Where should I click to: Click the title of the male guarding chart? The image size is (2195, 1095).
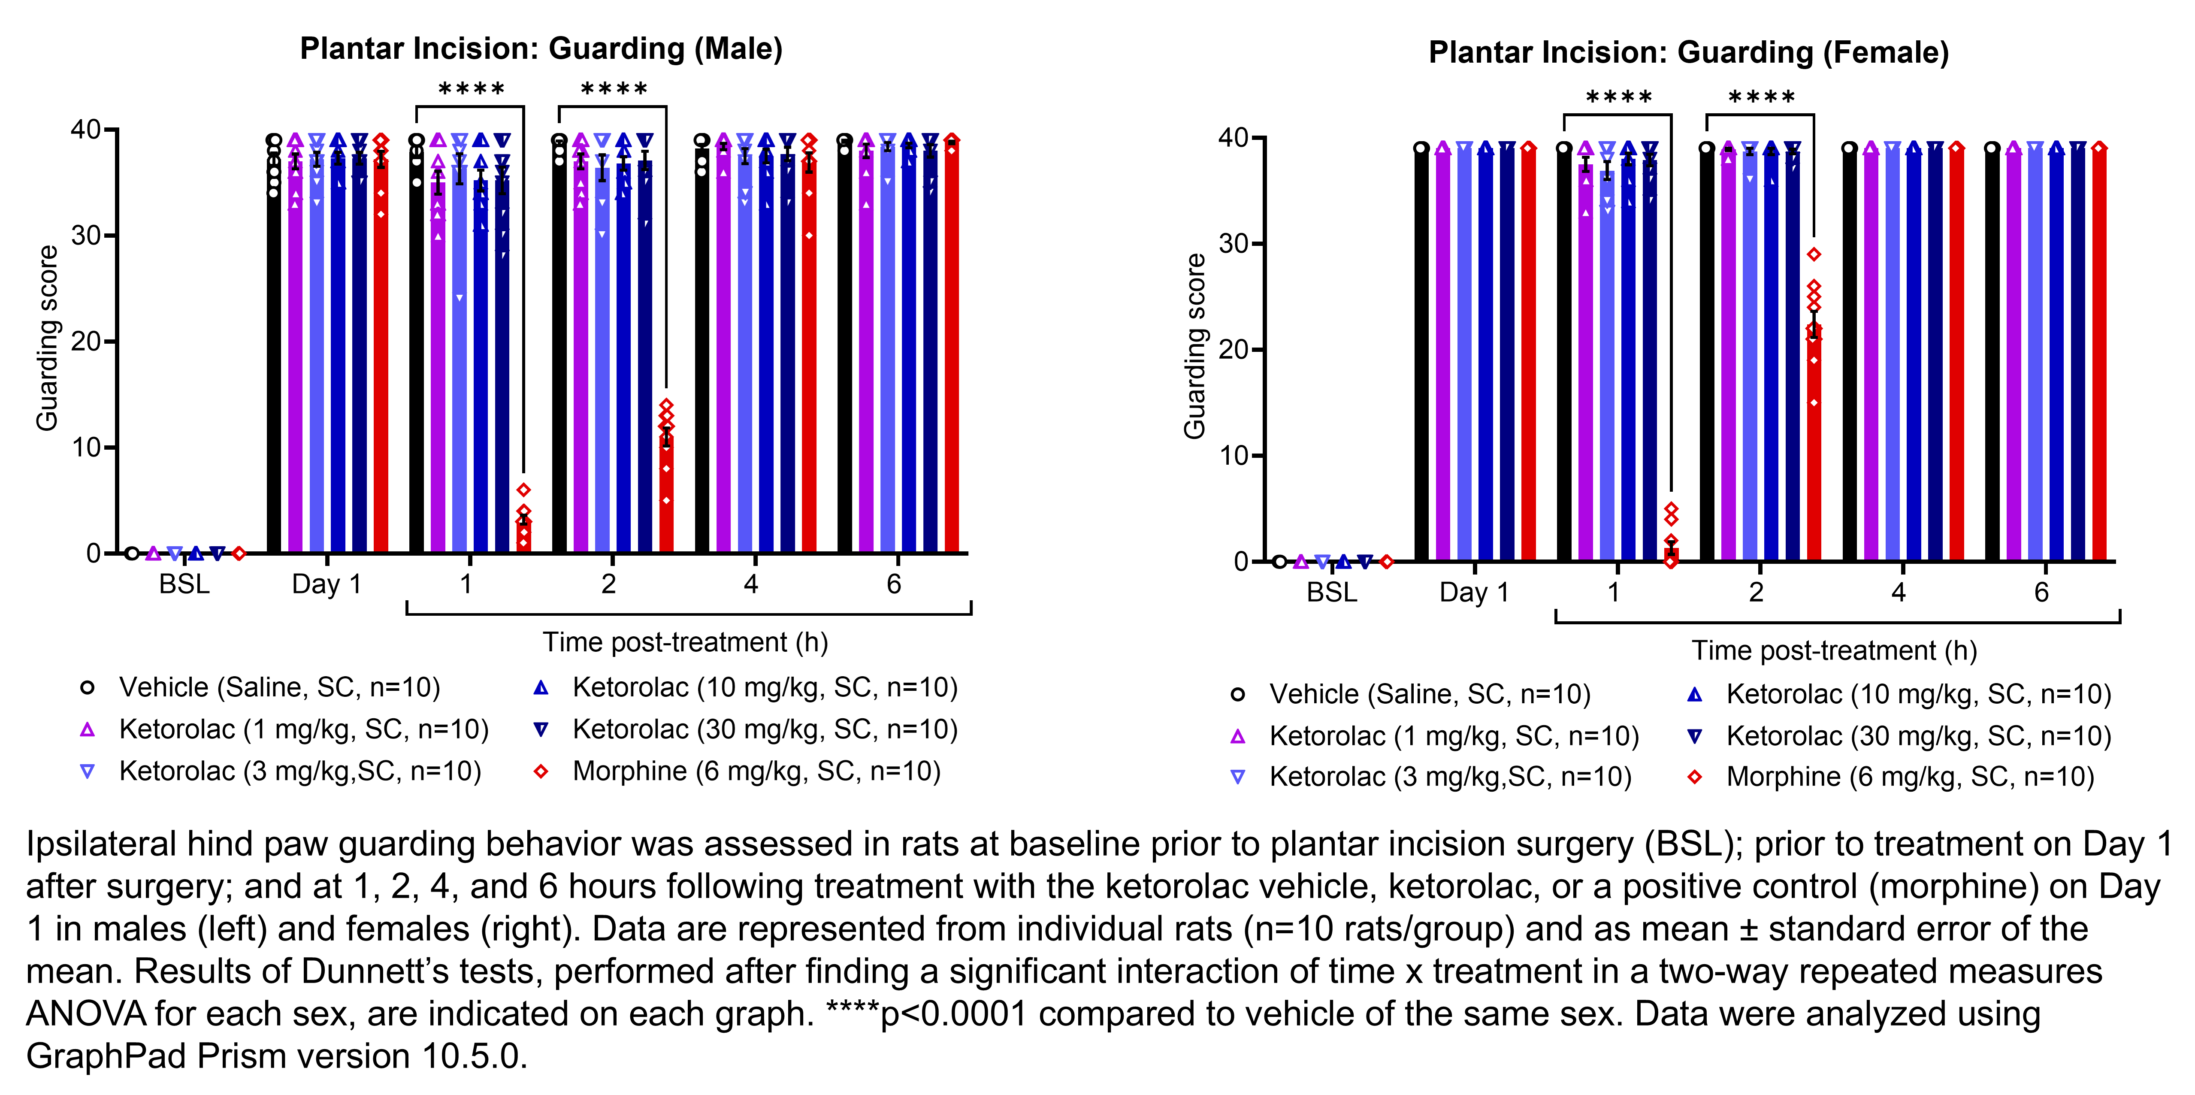pyautogui.click(x=541, y=48)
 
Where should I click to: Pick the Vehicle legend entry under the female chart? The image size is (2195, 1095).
pyautogui.click(x=1429, y=695)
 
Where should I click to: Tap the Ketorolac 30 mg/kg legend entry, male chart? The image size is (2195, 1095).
pyautogui.click(x=764, y=729)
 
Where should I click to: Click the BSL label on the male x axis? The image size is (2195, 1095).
pyautogui.click(x=184, y=584)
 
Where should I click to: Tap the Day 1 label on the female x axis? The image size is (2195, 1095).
pyautogui.click(x=1474, y=592)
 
